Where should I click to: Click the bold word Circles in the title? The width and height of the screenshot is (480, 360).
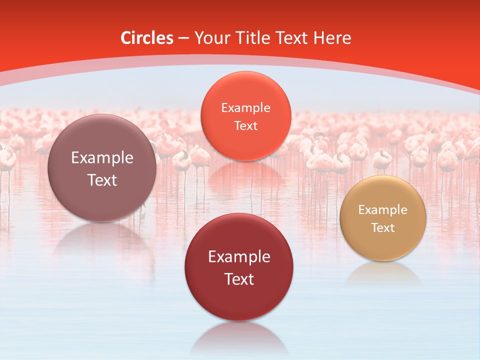(x=146, y=38)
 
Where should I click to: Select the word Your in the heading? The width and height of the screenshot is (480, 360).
(x=212, y=38)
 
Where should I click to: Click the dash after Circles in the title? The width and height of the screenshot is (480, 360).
(x=183, y=38)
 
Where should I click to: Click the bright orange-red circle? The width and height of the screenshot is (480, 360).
(x=245, y=116)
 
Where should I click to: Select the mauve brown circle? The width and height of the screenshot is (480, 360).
(x=102, y=168)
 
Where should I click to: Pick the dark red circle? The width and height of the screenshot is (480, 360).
(x=239, y=267)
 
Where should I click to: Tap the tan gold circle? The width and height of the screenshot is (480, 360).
(x=383, y=218)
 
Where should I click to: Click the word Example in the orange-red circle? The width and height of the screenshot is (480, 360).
(x=245, y=107)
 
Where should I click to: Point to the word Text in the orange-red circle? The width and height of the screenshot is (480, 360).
(x=245, y=125)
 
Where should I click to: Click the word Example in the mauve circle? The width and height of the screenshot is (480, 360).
(x=102, y=158)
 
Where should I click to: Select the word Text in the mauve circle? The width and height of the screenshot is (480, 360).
(x=102, y=180)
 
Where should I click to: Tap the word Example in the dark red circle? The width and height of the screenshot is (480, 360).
(x=239, y=257)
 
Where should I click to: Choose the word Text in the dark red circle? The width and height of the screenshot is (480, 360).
(x=239, y=279)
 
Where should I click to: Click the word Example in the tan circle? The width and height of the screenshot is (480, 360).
(x=383, y=209)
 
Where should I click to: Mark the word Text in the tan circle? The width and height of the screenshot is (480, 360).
(x=383, y=227)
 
